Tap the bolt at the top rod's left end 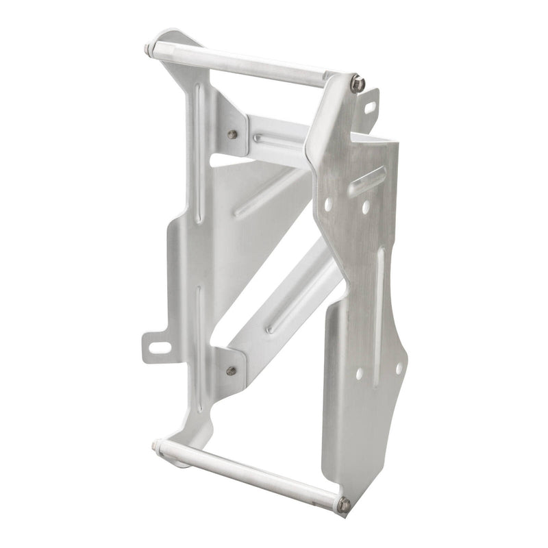click(149, 49)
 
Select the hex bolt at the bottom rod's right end click(345, 504)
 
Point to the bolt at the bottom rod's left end click(155, 447)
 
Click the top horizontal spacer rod click(247, 65)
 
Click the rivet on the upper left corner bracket click(233, 134)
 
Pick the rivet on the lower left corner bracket click(232, 371)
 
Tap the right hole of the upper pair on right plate click(365, 205)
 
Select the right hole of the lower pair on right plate click(399, 368)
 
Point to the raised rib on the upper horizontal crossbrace click(277, 141)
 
